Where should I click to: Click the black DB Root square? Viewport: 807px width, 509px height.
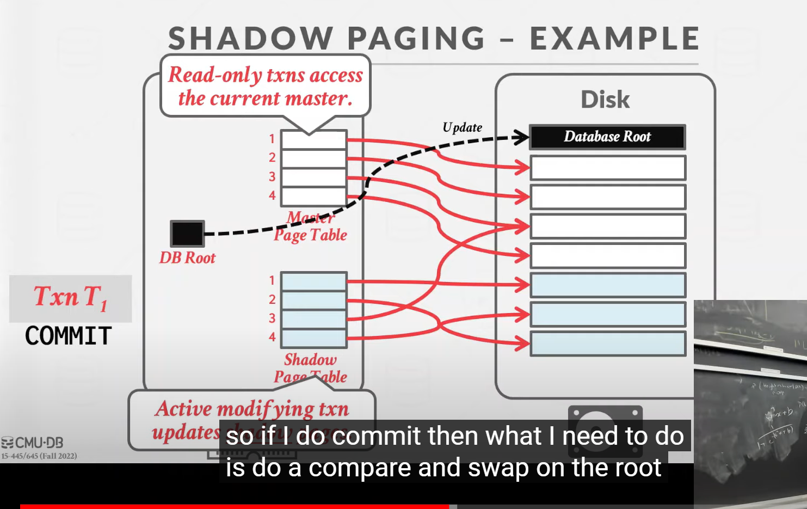pyautogui.click(x=187, y=234)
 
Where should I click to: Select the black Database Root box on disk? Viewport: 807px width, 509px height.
pyautogui.click(x=607, y=137)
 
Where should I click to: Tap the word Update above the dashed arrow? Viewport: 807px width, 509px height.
pyautogui.click(x=462, y=127)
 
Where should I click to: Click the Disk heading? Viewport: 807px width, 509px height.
pyautogui.click(x=605, y=100)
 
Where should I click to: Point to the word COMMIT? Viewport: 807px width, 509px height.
pyautogui.click(x=69, y=336)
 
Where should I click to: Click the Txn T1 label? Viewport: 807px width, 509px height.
pyautogui.click(x=70, y=298)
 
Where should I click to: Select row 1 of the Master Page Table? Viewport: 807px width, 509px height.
pyautogui.click(x=313, y=139)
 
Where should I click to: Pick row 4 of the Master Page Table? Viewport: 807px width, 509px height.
pyautogui.click(x=313, y=196)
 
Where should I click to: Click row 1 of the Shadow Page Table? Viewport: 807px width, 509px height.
pyautogui.click(x=314, y=281)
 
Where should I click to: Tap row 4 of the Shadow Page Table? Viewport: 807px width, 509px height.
pyautogui.click(x=314, y=338)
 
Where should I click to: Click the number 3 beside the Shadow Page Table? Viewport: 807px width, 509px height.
pyautogui.click(x=272, y=318)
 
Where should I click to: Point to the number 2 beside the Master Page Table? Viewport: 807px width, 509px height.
pyautogui.click(x=272, y=157)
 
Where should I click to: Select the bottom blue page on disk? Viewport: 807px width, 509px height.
pyautogui.click(x=607, y=344)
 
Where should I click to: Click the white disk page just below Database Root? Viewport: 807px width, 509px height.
pyautogui.click(x=607, y=168)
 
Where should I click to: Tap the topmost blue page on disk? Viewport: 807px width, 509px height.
pyautogui.click(x=607, y=285)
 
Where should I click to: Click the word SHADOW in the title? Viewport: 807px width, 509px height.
pyautogui.click(x=250, y=39)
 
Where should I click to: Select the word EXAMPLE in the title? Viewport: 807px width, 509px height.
pyautogui.click(x=614, y=39)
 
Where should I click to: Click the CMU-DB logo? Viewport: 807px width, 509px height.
pyautogui.click(x=33, y=443)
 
